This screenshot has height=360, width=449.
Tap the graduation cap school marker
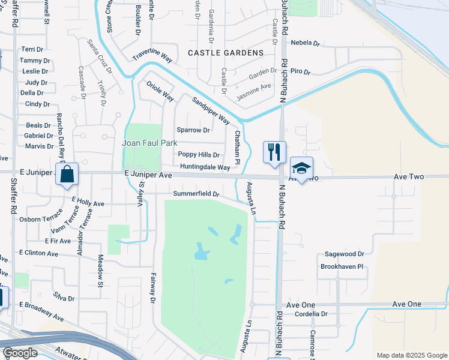pos(301,167)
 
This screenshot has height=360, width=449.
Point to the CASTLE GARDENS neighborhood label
pos(226,53)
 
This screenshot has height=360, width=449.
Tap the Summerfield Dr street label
pos(196,194)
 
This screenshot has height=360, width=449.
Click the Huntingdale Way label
pos(205,167)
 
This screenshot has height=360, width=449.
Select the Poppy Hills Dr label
pos(199,155)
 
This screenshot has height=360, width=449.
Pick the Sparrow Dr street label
pos(193,130)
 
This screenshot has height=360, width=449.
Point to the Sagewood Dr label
pos(344,254)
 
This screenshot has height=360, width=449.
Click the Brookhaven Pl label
pos(342,266)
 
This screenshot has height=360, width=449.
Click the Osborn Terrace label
pos(41,220)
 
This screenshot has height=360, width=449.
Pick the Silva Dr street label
pos(64,298)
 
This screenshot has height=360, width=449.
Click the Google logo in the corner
pos(20,353)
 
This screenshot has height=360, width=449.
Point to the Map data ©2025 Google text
pos(411,355)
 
